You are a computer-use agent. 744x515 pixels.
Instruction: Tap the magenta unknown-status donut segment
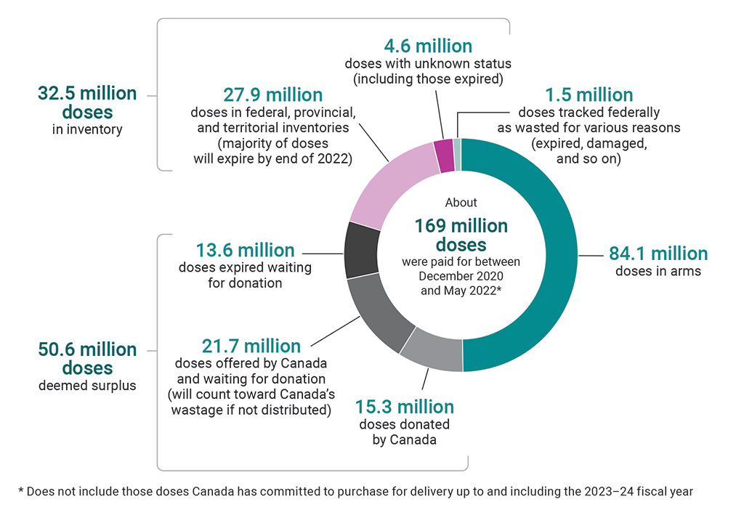[x=443, y=155]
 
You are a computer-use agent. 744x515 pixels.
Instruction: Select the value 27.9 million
[x=272, y=95]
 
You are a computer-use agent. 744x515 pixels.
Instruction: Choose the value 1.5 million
[x=589, y=95]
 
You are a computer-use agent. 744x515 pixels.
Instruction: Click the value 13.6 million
[x=245, y=250]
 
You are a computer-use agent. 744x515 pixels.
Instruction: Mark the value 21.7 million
[x=250, y=346]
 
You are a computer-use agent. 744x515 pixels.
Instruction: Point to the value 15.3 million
[x=405, y=407]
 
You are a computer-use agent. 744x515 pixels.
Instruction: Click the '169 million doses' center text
[x=461, y=235]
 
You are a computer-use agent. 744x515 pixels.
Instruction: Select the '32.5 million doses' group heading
[x=87, y=102]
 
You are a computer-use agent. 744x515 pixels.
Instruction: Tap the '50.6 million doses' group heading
[x=87, y=358]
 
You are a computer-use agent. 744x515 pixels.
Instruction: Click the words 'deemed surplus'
[x=87, y=386]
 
